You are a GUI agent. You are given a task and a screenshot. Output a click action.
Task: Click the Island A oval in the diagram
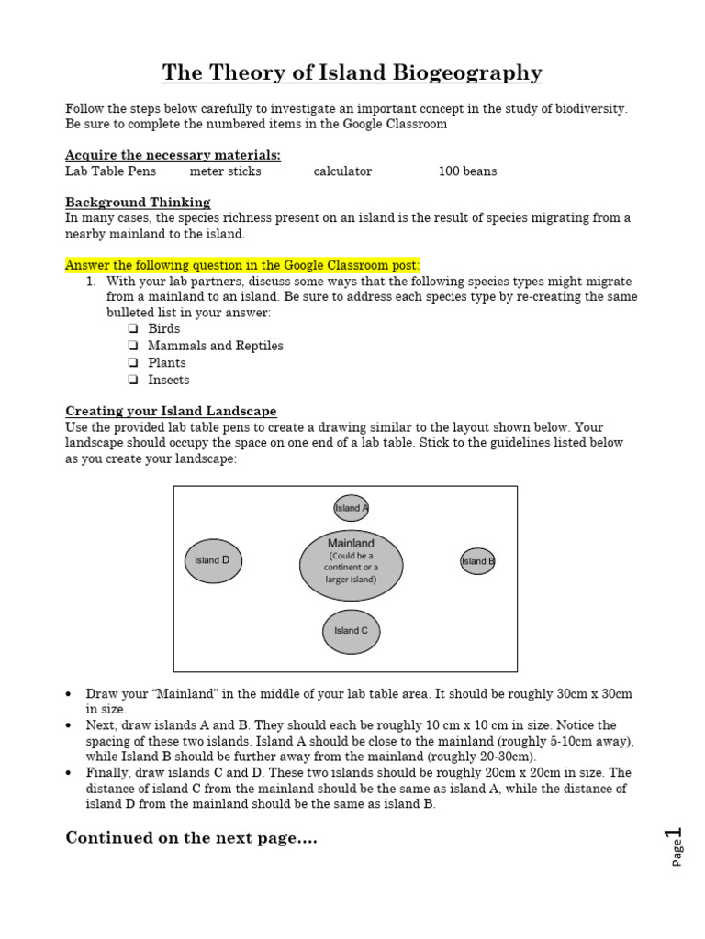click(351, 508)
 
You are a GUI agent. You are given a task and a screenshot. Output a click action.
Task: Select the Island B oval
click(477, 561)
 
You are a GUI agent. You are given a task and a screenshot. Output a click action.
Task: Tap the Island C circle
click(351, 631)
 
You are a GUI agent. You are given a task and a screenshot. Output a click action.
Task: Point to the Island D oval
click(213, 560)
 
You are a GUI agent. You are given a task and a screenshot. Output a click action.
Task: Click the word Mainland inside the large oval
click(351, 544)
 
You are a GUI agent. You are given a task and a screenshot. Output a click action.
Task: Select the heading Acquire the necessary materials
click(173, 154)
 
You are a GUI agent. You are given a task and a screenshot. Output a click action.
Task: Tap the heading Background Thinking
click(138, 202)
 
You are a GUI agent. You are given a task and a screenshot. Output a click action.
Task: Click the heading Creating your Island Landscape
click(171, 411)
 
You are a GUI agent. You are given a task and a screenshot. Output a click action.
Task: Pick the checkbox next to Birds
click(132, 328)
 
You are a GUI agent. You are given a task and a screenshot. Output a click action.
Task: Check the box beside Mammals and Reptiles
click(132, 346)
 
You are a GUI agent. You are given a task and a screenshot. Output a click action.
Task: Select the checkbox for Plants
click(132, 363)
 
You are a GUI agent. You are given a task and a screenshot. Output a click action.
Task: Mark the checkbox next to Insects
click(132, 380)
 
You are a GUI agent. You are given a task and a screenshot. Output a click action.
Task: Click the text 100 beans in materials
click(467, 171)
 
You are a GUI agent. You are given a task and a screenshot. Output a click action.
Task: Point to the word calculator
click(342, 171)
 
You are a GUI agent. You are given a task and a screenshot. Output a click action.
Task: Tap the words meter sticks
click(225, 171)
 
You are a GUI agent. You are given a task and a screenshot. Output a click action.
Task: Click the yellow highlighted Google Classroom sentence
click(242, 265)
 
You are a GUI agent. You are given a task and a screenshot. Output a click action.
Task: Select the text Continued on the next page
click(191, 838)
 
